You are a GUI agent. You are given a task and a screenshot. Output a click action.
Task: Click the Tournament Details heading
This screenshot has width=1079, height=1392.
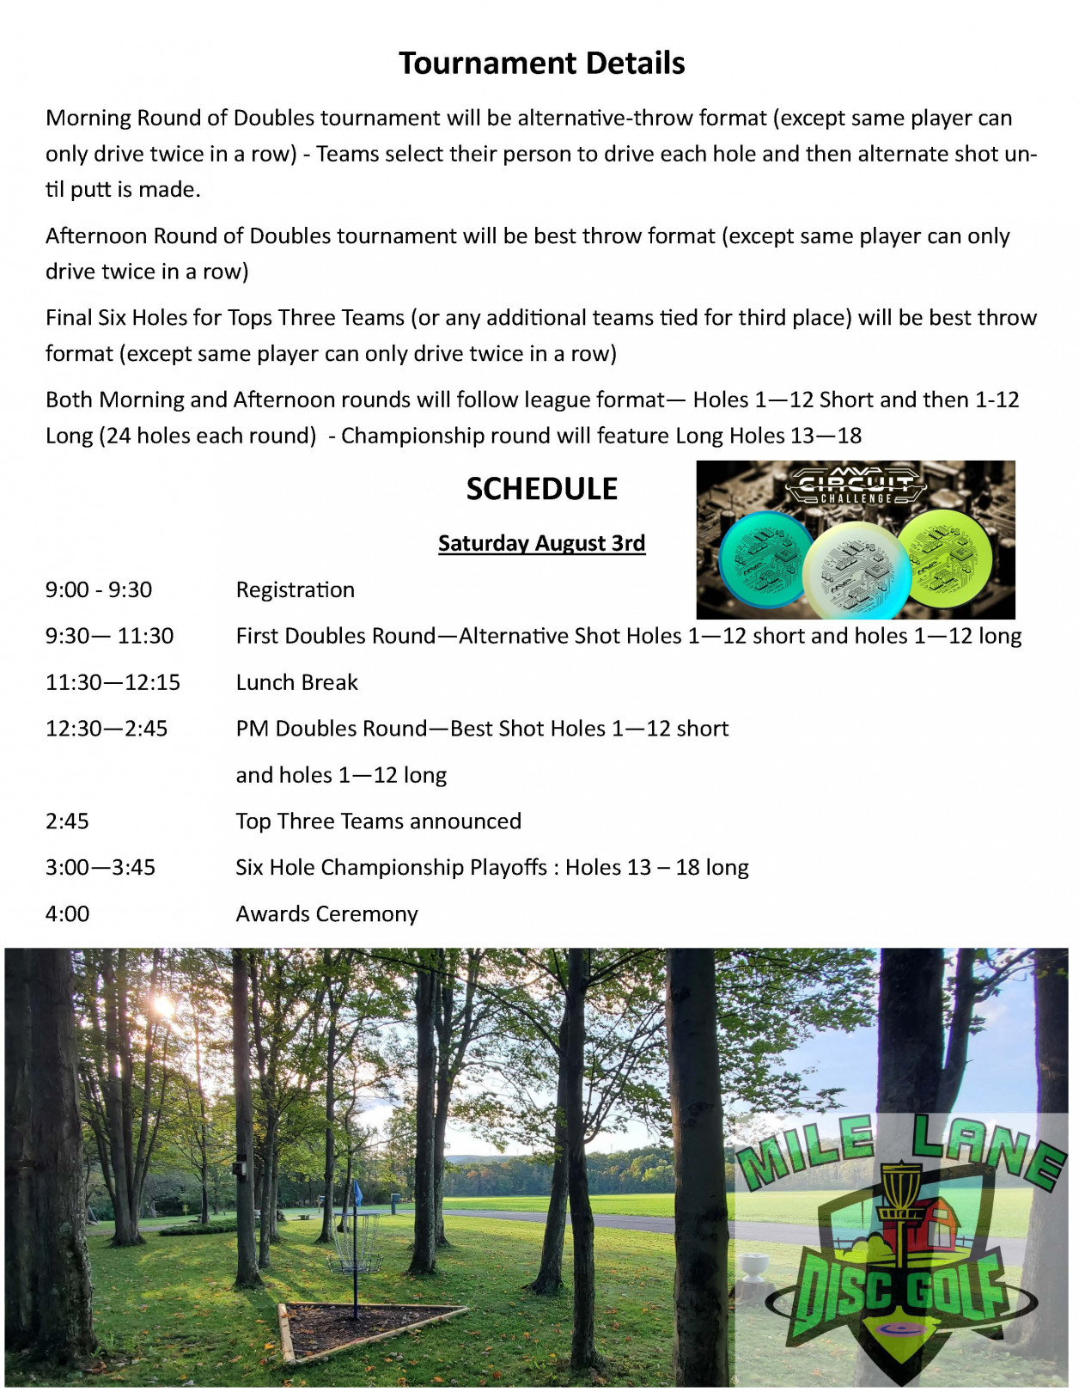pos(541,64)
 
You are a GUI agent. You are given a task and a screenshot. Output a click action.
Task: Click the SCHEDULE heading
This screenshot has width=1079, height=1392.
pos(541,489)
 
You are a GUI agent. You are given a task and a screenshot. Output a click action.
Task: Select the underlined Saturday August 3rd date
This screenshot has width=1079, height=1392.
pos(541,543)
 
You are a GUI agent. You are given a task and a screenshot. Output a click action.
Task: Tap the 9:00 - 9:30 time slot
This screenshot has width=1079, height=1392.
pos(99,589)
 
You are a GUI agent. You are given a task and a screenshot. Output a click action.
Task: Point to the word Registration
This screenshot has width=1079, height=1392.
pos(295,589)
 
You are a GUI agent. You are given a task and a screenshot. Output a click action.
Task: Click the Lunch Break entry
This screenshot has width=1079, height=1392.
pos(296,682)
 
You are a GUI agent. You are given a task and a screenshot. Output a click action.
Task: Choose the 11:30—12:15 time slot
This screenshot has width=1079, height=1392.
pos(113,682)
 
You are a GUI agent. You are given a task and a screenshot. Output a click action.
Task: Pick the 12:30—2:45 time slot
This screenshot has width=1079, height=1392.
pos(107,729)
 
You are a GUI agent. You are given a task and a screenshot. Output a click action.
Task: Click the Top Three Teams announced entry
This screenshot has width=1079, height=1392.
pos(378,821)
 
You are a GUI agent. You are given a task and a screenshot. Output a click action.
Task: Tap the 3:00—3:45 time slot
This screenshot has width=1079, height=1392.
pos(101,868)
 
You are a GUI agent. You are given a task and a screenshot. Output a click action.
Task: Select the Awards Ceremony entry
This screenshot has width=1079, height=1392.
pos(326,914)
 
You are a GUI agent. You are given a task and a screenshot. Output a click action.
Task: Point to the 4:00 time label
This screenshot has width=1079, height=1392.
pos(67,914)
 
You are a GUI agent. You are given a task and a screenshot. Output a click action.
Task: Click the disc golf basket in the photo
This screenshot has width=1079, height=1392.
pos(356,1237)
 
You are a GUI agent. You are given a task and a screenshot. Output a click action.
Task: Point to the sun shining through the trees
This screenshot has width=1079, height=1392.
pos(162,1005)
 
